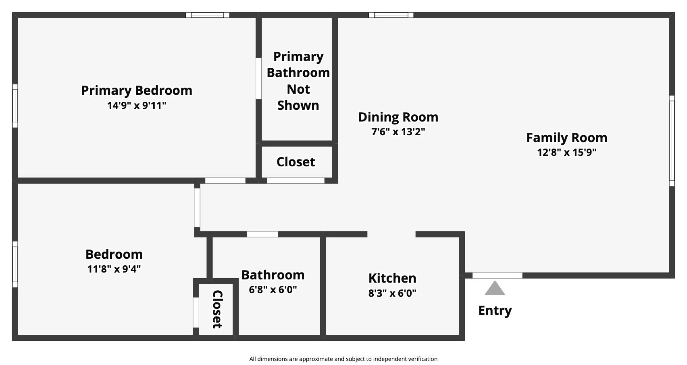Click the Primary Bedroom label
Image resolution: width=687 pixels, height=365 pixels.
click(x=137, y=90)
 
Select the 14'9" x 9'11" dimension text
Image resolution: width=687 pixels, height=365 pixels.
click(x=137, y=106)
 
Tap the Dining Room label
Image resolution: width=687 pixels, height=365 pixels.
click(x=398, y=117)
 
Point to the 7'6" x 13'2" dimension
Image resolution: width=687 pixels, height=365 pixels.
click(x=398, y=132)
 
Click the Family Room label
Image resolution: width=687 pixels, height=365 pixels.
click(x=566, y=138)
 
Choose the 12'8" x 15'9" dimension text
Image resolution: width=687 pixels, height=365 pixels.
click(x=566, y=153)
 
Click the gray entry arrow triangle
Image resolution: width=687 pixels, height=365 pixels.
click(x=495, y=288)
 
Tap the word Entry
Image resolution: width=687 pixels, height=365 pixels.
click(x=495, y=310)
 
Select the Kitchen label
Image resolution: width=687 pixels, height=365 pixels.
click(x=392, y=278)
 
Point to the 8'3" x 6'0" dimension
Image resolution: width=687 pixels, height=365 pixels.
click(x=392, y=293)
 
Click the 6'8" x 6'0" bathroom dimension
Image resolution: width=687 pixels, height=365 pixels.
click(x=273, y=290)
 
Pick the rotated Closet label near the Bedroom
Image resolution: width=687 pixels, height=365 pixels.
click(x=217, y=309)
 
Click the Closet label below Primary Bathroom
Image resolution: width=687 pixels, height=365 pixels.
click(x=296, y=162)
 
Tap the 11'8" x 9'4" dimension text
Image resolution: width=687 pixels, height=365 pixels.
click(x=114, y=269)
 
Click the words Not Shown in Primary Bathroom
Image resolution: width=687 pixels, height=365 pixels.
click(x=298, y=97)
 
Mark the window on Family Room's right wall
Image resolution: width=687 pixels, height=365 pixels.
click(x=672, y=141)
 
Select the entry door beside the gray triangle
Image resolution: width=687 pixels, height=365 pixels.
click(x=497, y=275)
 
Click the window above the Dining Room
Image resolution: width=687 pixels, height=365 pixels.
click(x=391, y=15)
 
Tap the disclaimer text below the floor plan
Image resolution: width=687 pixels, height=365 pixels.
click(x=343, y=359)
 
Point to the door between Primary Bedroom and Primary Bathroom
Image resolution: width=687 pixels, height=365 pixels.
click(x=258, y=78)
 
